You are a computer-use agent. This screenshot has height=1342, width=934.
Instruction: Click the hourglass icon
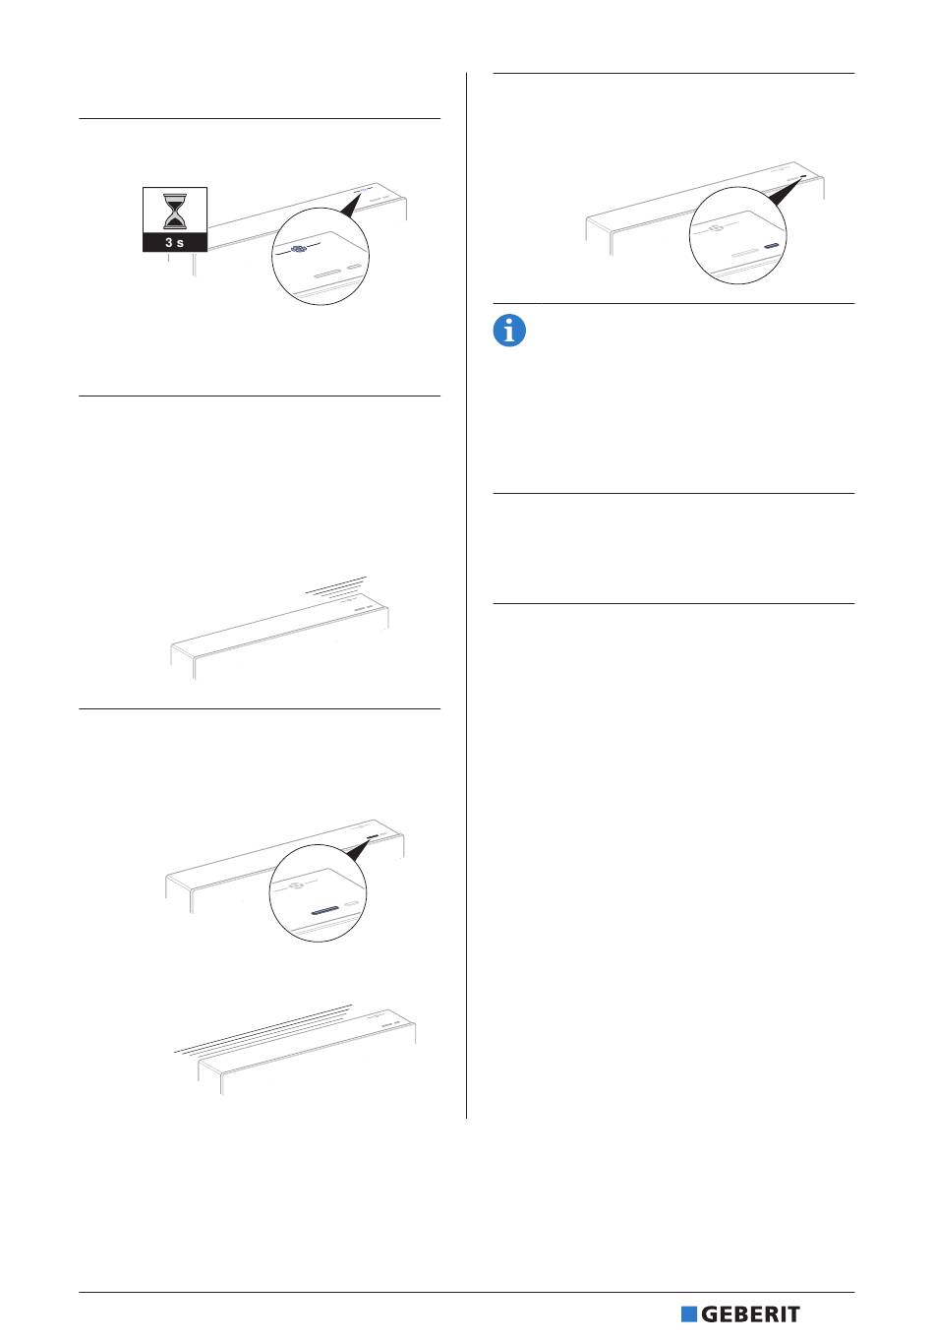175,211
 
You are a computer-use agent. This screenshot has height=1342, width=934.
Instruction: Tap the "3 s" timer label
175,243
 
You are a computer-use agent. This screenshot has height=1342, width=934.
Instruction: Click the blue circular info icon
509,331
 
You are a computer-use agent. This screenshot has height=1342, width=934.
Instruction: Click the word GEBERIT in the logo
750,1314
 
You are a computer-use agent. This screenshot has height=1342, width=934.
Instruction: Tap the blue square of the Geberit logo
689,1314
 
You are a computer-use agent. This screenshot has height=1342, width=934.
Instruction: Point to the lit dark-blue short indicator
772,245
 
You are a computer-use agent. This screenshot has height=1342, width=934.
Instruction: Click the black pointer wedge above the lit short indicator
787,192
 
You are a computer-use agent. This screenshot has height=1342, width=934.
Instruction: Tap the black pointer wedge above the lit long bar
358,850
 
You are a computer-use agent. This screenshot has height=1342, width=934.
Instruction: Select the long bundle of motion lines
263,1029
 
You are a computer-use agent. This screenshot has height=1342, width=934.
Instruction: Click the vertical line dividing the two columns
466,595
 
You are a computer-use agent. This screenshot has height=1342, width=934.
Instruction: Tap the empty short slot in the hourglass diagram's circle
355,268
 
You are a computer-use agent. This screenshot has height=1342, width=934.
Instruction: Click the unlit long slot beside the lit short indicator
746,253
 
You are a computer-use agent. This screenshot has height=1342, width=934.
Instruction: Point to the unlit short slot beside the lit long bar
353,902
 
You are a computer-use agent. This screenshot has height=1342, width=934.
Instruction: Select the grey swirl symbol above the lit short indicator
715,227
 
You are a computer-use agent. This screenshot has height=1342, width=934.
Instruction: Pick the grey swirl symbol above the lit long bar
296,885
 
